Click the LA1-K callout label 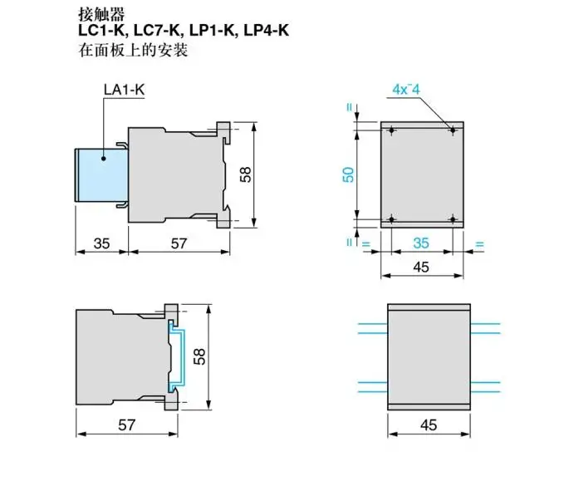point(124,90)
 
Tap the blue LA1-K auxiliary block point(101,175)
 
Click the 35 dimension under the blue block point(101,243)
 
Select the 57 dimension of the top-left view point(179,243)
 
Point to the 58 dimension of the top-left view point(246,174)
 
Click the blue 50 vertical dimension point(348,174)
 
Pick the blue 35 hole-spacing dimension point(421,243)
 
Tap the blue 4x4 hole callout point(406,90)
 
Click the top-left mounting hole point(392,130)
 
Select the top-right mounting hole point(453,130)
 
